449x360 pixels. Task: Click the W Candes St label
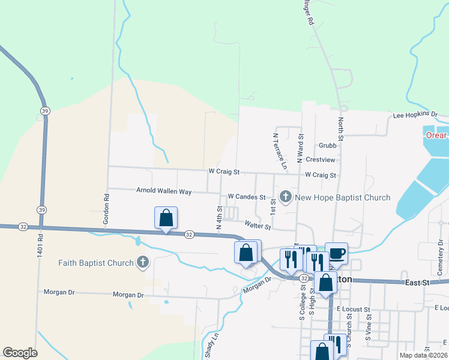coord(246,197)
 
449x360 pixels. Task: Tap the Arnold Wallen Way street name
coord(164,191)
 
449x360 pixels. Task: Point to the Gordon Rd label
coord(106,208)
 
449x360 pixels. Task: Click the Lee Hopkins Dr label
coord(415,114)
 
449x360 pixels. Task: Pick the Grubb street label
coord(327,145)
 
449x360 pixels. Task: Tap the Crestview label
coord(320,160)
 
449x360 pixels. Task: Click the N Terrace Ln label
coord(277,148)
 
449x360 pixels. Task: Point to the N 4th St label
coord(219,217)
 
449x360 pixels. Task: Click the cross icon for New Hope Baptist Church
coord(286,197)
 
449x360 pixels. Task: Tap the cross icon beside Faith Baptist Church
coord(142,262)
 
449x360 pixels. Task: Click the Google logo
coord(20,353)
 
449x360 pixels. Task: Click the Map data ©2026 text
coord(424,355)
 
